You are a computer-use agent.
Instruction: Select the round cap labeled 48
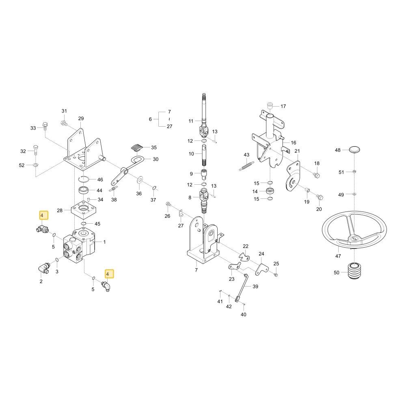(x=354, y=150)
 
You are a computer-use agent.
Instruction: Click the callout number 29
(x=81, y=118)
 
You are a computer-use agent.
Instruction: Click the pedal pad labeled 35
(x=137, y=148)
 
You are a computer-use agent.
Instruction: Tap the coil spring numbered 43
(x=246, y=166)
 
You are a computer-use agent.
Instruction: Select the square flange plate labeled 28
(x=84, y=210)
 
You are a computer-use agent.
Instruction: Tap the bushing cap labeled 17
(x=270, y=106)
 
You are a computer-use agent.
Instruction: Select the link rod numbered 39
(x=242, y=288)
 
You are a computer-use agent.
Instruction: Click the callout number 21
(x=297, y=151)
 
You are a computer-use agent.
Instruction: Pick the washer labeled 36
(x=140, y=180)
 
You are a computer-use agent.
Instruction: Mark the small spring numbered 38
(x=114, y=189)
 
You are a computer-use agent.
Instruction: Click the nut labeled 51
(x=354, y=171)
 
